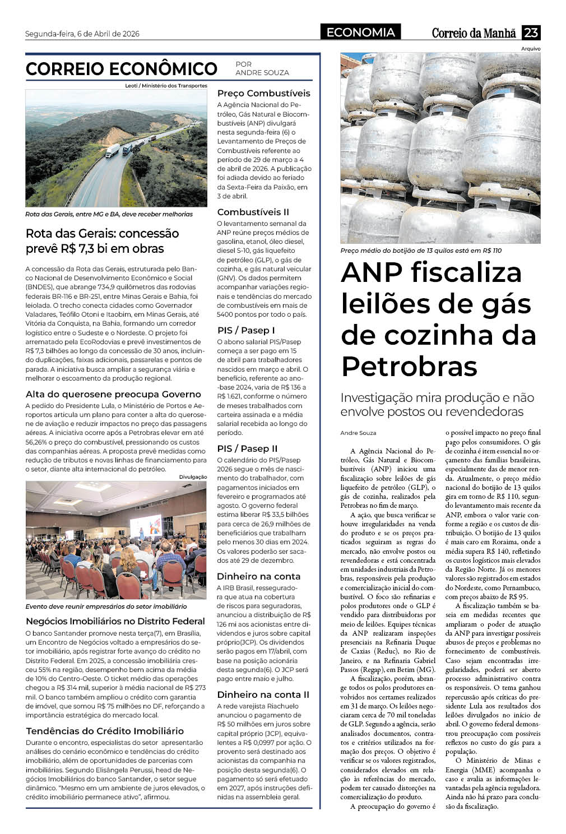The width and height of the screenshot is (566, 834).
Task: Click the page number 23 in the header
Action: (531, 33)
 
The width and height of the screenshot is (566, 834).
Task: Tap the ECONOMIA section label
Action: (360, 33)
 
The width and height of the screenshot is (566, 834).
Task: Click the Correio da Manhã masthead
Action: (474, 33)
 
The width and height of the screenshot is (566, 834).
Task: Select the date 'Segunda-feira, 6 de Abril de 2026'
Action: (82, 34)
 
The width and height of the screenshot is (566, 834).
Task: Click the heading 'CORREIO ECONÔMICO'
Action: (121, 69)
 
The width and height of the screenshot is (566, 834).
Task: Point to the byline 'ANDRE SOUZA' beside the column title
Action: (262, 73)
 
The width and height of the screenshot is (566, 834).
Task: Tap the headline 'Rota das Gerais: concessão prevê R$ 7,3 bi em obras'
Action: (103, 241)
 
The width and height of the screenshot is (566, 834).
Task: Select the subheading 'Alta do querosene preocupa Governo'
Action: (113, 394)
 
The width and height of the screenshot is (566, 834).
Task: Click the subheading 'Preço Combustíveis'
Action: (263, 93)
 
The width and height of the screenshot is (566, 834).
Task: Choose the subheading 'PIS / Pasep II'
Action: (247, 448)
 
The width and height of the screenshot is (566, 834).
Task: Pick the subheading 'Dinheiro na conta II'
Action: (263, 694)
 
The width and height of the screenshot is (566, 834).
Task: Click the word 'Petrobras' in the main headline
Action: (409, 367)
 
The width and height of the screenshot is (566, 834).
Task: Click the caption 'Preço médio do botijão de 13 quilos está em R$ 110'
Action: (421, 251)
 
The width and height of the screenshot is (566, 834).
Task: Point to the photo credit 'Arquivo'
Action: (530, 49)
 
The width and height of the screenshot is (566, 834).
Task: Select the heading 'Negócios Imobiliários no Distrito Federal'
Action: (115, 621)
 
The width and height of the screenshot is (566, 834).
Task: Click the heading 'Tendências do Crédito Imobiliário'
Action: (105, 731)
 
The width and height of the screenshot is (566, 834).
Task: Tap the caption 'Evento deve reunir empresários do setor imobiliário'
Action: (106, 606)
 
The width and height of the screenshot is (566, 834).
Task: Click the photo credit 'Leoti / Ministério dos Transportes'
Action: (166, 86)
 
